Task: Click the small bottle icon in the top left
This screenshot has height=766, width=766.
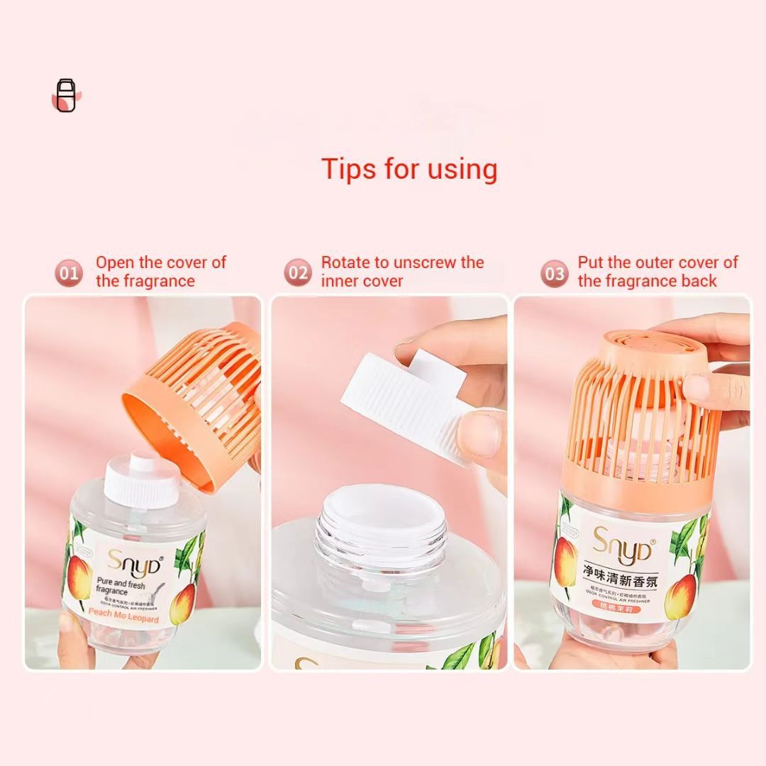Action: (67, 95)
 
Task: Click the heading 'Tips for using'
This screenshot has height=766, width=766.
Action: (409, 169)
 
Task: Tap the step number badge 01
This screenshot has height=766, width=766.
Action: (70, 272)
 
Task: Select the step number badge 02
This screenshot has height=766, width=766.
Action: (299, 272)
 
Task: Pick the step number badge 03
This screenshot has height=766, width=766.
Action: (555, 272)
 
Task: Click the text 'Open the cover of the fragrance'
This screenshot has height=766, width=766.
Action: (161, 272)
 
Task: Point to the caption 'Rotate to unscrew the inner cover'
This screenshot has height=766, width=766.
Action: (402, 272)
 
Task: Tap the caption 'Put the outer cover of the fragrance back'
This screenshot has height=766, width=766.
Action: (657, 272)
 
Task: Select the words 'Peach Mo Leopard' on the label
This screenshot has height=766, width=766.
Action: (125, 619)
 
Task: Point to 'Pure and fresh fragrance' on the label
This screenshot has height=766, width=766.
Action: (121, 585)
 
